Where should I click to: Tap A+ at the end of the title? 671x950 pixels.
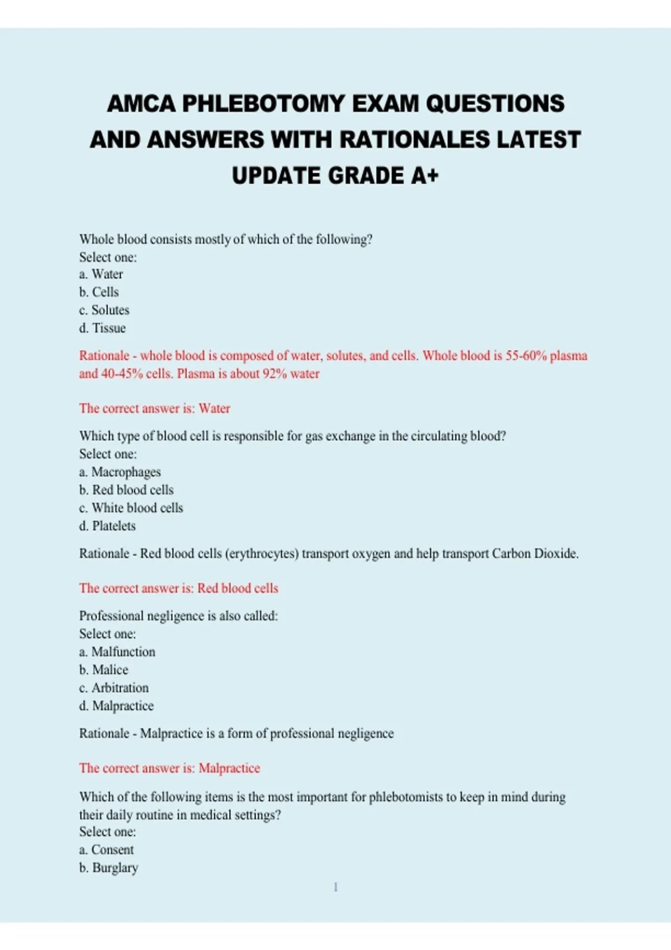(425, 176)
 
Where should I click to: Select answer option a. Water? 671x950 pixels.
(101, 274)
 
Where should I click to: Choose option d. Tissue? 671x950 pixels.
(102, 328)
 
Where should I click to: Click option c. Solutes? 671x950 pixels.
(104, 310)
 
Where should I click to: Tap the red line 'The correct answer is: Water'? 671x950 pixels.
(154, 408)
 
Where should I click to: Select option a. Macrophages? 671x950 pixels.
(120, 472)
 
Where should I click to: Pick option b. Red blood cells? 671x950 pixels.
(126, 490)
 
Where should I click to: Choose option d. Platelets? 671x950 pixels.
(107, 526)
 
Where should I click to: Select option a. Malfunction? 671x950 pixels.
(117, 652)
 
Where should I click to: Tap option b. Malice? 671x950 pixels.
(103, 670)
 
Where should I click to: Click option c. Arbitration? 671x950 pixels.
(114, 688)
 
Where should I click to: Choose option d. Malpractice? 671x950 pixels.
(116, 706)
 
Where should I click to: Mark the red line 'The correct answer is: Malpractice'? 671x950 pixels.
(169, 768)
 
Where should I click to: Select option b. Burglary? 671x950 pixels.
(108, 868)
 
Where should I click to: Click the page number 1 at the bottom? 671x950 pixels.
(335, 887)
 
